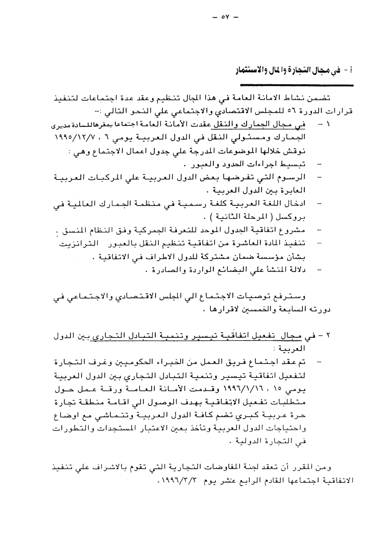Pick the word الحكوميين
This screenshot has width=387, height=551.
[x=134, y=361]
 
